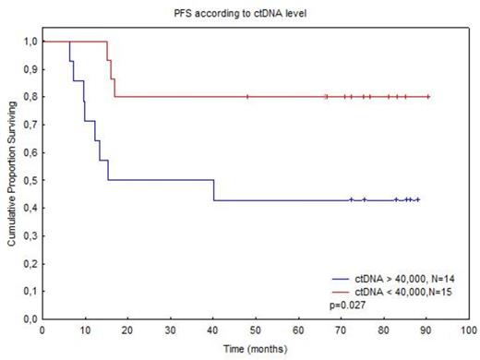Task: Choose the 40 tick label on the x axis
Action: (x=213, y=330)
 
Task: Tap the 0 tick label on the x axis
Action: (x=42, y=330)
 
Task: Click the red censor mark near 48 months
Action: (x=247, y=96)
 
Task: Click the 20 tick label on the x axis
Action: (x=128, y=330)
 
